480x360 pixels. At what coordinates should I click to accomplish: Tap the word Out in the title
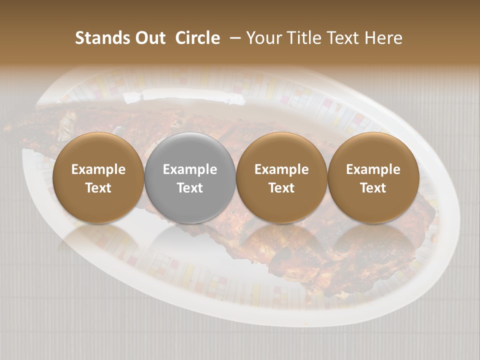pos(149,38)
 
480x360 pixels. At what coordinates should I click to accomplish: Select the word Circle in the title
pos(197,38)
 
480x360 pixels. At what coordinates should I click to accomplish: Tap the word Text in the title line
pos(344,38)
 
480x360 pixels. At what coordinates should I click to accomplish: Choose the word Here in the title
pos(384,38)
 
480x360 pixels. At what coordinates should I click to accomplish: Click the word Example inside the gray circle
pos(190,169)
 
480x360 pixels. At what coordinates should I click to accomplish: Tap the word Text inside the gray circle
pos(190,188)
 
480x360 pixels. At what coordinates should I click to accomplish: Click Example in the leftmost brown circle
pos(98,169)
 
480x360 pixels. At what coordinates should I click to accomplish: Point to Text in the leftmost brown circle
pos(98,188)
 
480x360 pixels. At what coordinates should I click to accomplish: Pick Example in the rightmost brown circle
pos(373,169)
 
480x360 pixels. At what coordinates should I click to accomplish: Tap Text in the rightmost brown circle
pos(373,188)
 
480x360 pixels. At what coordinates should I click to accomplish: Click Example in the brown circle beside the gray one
pos(281,169)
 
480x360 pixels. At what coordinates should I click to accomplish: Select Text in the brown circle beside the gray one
pos(281,188)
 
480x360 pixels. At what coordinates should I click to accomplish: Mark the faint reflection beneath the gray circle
pos(190,240)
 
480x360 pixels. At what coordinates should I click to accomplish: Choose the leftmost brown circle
pos(98,150)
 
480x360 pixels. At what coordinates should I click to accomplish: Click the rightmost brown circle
pos(373,150)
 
